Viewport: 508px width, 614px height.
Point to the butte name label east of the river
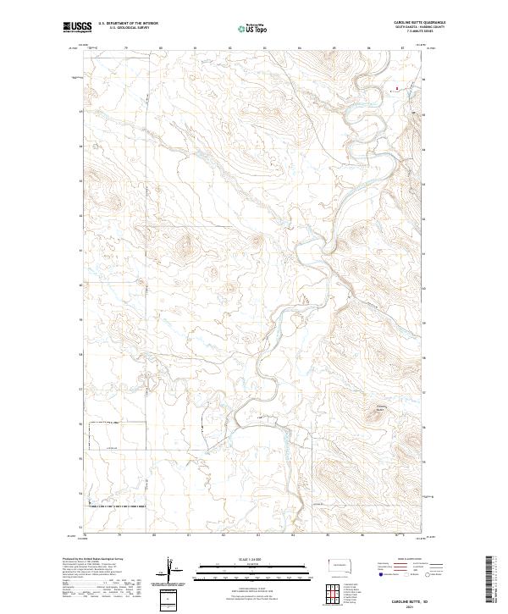click(x=380, y=412)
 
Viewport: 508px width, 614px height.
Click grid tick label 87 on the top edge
click(x=402, y=48)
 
